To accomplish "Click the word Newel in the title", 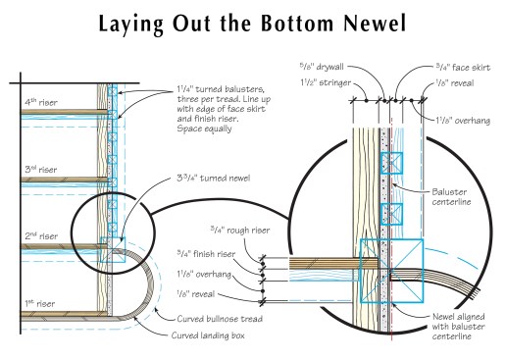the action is tap(375, 24).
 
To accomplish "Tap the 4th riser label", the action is tap(41, 102).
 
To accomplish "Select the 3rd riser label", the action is tap(41, 170).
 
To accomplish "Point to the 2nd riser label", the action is tap(41, 235).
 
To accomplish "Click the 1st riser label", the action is tap(40, 303).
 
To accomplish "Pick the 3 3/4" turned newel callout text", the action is tap(214, 179).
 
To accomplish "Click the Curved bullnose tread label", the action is tap(220, 319).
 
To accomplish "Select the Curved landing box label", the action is tap(208, 335).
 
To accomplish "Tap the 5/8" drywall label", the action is tap(322, 67).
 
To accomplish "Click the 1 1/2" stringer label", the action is tap(326, 82).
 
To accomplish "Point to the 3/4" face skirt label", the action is tap(463, 67).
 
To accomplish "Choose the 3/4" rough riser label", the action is tap(240, 230).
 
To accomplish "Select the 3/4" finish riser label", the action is tap(206, 254).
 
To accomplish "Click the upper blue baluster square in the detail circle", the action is tap(392, 163).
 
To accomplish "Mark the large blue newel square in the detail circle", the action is tap(391, 271).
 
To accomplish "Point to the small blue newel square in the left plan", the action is tap(113, 250).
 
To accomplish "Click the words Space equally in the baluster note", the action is tap(204, 129).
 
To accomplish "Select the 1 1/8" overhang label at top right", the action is tap(463, 121).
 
